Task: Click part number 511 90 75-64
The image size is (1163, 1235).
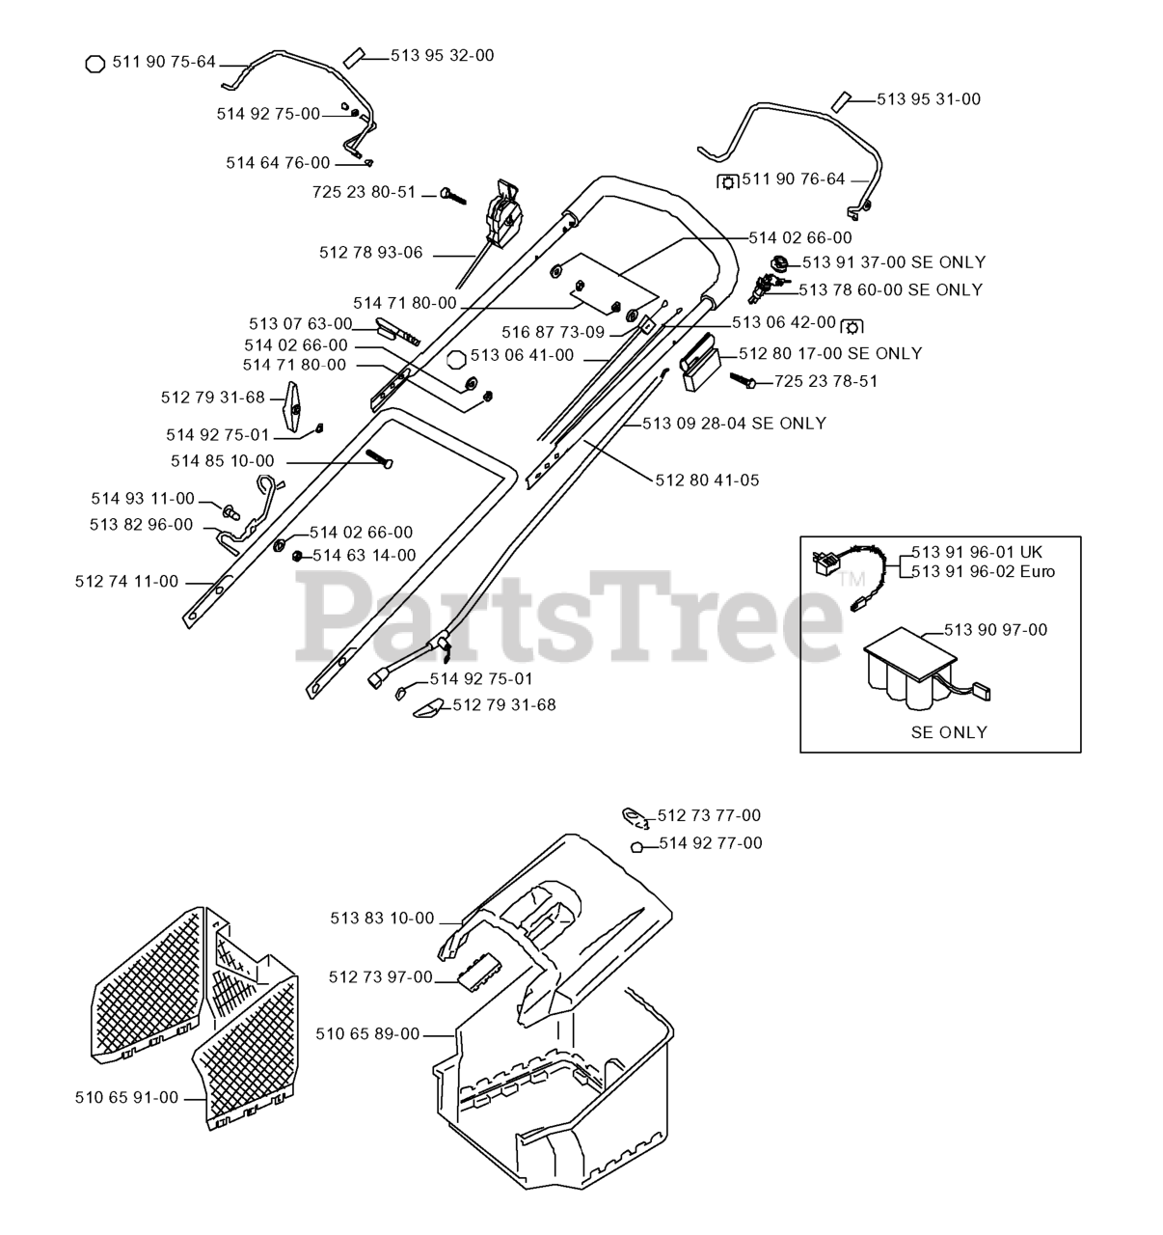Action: pyautogui.click(x=164, y=62)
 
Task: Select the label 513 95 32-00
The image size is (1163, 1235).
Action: pyautogui.click(x=442, y=56)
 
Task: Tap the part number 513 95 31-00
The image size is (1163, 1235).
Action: pyautogui.click(x=929, y=99)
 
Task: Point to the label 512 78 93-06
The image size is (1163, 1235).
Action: pyautogui.click(x=370, y=253)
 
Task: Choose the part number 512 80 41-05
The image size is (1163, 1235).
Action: pyautogui.click(x=707, y=480)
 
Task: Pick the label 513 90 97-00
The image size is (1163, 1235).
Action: pyautogui.click(x=995, y=630)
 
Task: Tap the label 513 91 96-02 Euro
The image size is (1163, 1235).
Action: pyautogui.click(x=983, y=571)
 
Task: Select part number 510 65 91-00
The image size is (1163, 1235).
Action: pyautogui.click(x=126, y=1098)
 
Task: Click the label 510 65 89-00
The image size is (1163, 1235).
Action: pyautogui.click(x=367, y=1034)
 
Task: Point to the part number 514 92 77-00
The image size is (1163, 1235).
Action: pyautogui.click(x=710, y=843)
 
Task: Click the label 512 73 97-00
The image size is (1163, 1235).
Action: pyautogui.click(x=381, y=977)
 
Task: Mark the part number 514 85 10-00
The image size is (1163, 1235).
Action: pyautogui.click(x=222, y=461)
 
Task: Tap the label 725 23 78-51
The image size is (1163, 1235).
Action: pyautogui.click(x=825, y=381)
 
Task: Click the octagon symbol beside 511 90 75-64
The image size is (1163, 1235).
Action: pyautogui.click(x=95, y=64)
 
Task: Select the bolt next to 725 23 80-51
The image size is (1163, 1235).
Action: pyautogui.click(x=451, y=195)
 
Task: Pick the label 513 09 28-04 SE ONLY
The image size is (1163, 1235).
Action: pyautogui.click(x=734, y=423)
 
